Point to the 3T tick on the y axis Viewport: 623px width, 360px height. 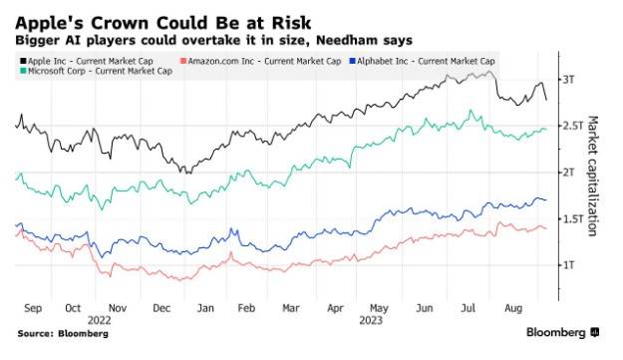(568, 79)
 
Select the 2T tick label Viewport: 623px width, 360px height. (568, 172)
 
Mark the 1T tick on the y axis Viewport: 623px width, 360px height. (568, 264)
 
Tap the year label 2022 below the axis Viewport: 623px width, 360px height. (98, 321)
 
